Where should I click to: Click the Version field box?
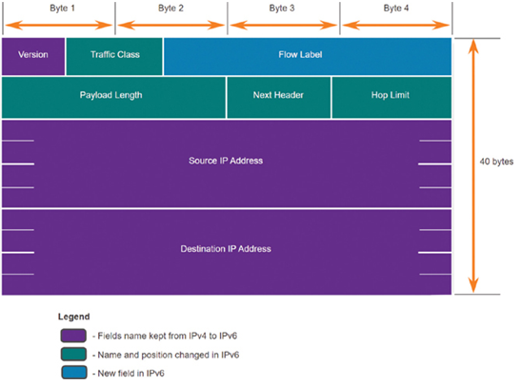pos(33,56)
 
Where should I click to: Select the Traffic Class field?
pos(114,56)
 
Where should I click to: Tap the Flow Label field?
pos(308,56)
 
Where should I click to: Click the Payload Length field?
pos(113,98)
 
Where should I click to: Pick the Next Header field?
pos(279,98)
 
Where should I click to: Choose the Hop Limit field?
pos(391,98)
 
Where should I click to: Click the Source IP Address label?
pos(226,161)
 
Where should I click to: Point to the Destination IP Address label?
pos(226,249)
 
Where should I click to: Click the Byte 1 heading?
pos(62,9)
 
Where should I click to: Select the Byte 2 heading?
pos(170,9)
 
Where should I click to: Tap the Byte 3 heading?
pos(282,9)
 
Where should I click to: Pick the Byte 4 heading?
pos(396,9)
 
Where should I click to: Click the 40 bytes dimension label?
pos(496,162)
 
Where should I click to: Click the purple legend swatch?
pos(73,336)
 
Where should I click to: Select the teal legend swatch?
pos(73,354)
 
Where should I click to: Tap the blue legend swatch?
pos(74,372)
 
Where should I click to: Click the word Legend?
pos(73,317)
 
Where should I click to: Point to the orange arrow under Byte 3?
pos(284,26)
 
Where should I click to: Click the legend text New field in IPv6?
pos(130,374)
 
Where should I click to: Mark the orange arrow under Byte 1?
pos(59,26)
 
